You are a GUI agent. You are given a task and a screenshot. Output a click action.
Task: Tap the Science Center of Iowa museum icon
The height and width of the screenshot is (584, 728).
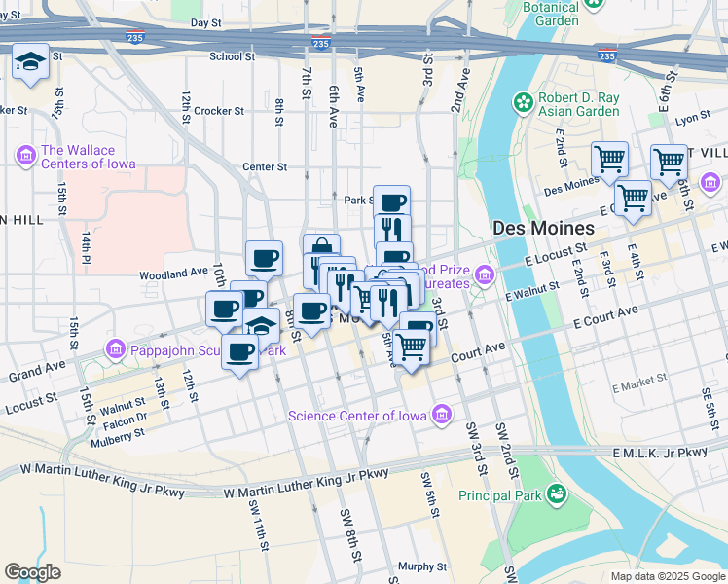(x=442, y=416)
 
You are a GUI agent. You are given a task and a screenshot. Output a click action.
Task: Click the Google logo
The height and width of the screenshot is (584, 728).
(x=33, y=572)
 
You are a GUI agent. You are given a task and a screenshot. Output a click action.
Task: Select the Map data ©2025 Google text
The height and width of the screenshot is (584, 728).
(x=668, y=576)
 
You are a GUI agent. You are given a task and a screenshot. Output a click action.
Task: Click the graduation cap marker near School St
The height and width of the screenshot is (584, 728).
(x=31, y=63)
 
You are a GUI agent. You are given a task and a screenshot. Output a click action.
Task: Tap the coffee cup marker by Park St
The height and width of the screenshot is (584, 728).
(x=391, y=202)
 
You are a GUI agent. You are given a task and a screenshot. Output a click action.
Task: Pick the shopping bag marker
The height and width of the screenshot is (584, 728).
(x=321, y=249)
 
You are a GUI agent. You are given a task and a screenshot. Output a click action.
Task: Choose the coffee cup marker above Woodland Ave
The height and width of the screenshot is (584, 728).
(x=264, y=259)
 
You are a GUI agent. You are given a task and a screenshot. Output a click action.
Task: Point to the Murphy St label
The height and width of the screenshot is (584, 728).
(x=421, y=566)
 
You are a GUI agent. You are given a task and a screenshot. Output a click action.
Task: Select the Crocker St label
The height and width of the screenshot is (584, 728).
(x=218, y=111)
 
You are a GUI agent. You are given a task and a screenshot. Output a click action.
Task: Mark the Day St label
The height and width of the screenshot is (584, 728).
(x=205, y=22)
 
